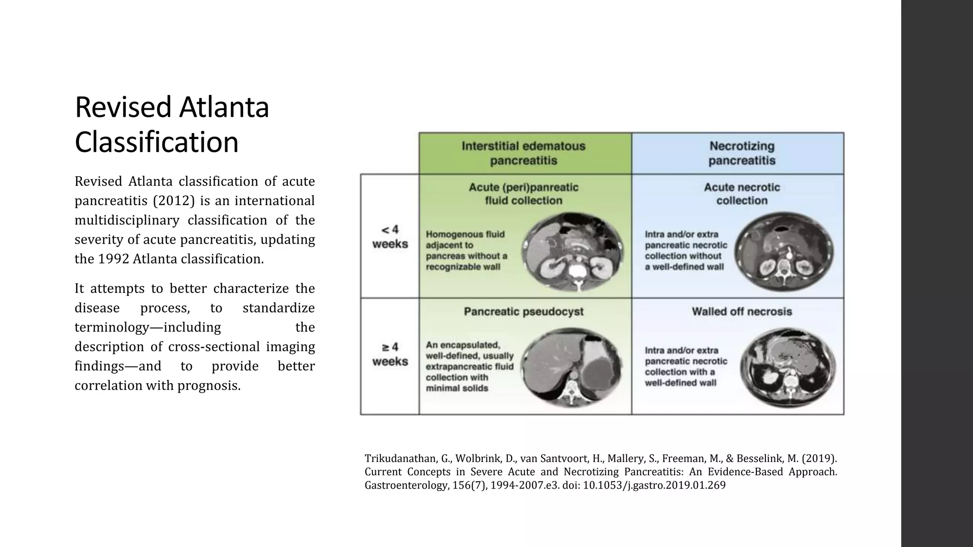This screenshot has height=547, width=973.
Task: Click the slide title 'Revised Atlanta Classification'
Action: pyautogui.click(x=172, y=124)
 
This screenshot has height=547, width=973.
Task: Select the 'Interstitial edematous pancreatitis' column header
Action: pyautogui.click(x=524, y=153)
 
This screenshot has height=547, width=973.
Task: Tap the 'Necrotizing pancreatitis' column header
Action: pyautogui.click(x=742, y=153)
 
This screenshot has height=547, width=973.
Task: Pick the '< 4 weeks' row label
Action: pyautogui.click(x=390, y=237)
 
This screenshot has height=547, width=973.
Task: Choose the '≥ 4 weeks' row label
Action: pyautogui.click(x=390, y=354)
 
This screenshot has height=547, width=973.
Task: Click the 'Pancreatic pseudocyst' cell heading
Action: pyautogui.click(x=524, y=312)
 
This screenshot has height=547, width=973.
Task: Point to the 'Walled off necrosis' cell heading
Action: pyautogui.click(x=742, y=312)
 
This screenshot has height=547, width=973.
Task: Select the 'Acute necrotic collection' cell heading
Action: pyautogui.click(x=742, y=194)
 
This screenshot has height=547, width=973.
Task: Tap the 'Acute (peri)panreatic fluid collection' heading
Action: pyautogui.click(x=524, y=194)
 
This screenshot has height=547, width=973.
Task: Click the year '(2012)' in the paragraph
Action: pyautogui.click(x=174, y=201)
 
